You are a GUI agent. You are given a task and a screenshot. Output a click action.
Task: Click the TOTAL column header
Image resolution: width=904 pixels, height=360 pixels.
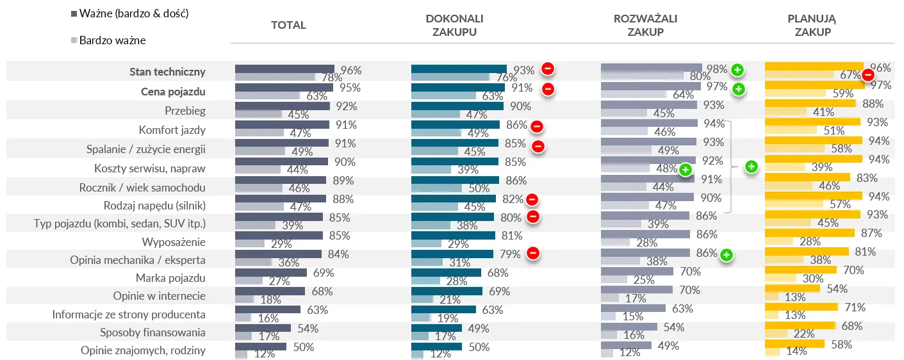[288, 26]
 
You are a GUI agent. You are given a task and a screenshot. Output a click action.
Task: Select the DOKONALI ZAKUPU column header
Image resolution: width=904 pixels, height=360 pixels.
[454, 25]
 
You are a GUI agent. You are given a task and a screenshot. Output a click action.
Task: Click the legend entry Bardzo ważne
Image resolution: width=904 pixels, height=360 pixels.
[112, 40]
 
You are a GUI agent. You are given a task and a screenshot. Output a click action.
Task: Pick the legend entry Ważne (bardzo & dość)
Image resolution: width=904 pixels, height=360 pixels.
[133, 13]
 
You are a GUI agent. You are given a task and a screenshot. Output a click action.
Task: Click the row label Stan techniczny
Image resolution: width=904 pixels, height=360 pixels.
[167, 72]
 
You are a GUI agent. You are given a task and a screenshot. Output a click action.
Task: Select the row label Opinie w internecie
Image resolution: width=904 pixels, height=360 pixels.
[159, 296]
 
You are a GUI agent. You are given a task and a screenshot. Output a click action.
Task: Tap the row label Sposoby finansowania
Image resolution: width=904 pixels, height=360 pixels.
[152, 332]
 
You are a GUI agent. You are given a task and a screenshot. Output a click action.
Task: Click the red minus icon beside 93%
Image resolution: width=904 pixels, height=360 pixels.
[548, 69]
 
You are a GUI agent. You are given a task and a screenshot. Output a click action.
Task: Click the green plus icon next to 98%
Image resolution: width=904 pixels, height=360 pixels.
[737, 69]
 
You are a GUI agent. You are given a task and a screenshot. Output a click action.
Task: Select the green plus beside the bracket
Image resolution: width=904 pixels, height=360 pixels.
[752, 167]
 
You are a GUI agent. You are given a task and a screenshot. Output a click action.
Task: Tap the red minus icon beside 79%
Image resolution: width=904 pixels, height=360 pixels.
[532, 254]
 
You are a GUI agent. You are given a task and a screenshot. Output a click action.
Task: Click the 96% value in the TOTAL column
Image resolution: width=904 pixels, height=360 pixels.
[351, 70]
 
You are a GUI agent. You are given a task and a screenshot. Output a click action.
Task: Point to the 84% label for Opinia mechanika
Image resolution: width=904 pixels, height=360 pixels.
[337, 254]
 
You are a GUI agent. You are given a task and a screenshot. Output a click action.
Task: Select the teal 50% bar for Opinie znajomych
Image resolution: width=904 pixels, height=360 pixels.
[436, 347]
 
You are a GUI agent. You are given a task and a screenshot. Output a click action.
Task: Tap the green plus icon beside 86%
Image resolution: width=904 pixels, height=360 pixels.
[726, 256]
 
